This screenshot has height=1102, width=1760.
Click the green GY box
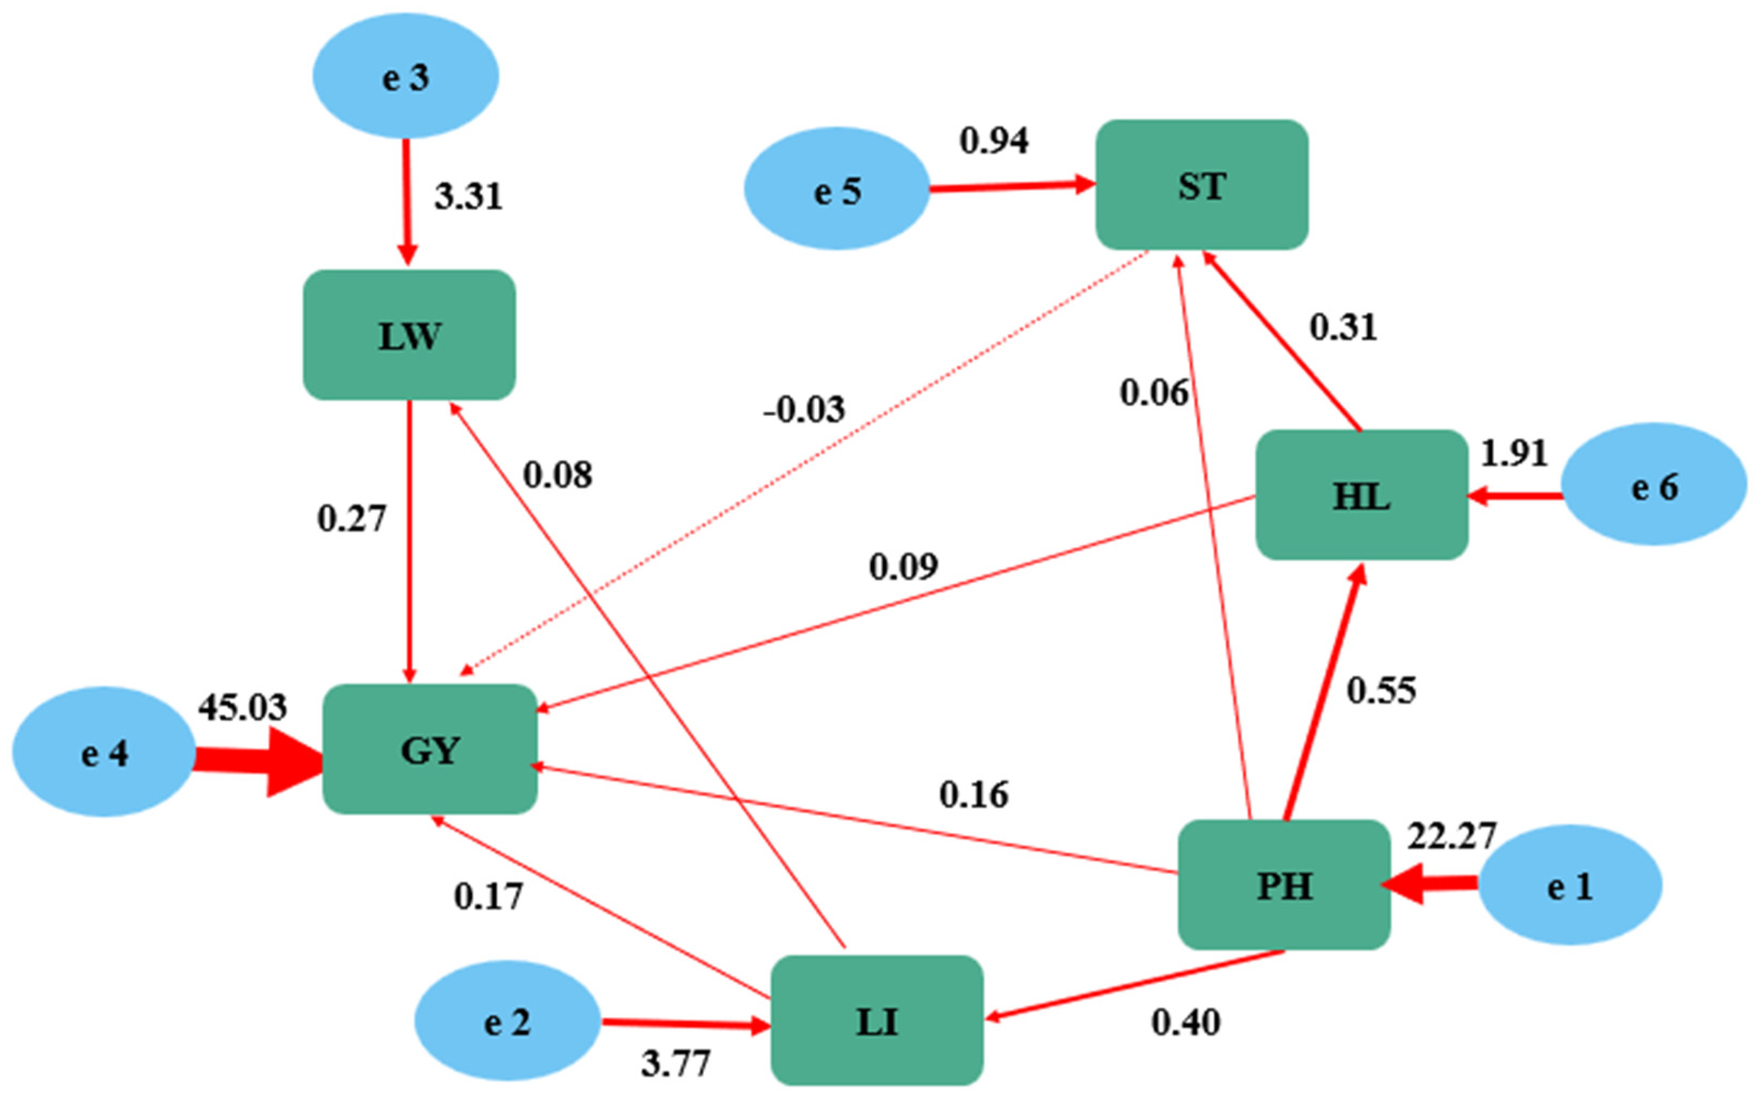tap(430, 749)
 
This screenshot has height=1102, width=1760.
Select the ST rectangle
tap(1202, 185)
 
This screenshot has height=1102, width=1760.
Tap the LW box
tap(409, 335)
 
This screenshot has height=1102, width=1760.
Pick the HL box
tap(1361, 496)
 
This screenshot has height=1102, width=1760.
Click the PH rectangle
tap(1284, 885)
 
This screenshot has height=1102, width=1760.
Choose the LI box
tap(876, 1020)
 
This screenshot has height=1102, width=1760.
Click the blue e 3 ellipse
tap(405, 76)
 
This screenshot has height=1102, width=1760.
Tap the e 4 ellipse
tap(103, 752)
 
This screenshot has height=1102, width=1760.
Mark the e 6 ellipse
tap(1653, 485)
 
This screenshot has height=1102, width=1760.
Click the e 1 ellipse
tap(1570, 885)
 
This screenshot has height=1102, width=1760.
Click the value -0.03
tap(804, 409)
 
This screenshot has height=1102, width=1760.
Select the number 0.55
tap(1381, 690)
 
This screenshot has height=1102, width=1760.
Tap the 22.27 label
tap(1451, 836)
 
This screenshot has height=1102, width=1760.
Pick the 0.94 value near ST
tap(994, 141)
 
